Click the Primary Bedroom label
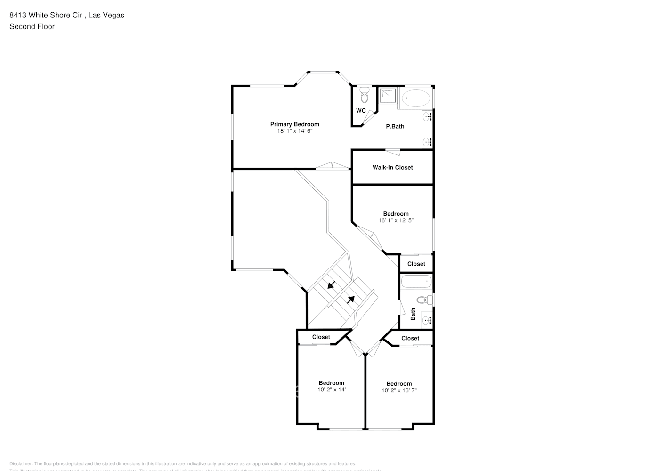click(x=294, y=124)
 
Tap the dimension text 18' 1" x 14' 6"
click(x=294, y=131)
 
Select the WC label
click(x=361, y=111)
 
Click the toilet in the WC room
click(x=364, y=96)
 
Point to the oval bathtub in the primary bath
click(x=415, y=98)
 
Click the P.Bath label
click(x=395, y=126)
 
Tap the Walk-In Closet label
click(x=392, y=167)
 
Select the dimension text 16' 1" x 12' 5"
click(x=396, y=220)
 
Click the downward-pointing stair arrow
click(x=331, y=284)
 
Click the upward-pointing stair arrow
click(x=351, y=299)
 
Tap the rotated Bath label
click(x=413, y=314)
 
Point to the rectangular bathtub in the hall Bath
click(x=416, y=282)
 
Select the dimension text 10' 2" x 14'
click(x=332, y=390)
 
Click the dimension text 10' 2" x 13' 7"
click(x=399, y=390)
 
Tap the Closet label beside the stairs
click(x=321, y=337)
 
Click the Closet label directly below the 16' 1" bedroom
click(x=416, y=264)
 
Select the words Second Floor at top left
click(x=32, y=26)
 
